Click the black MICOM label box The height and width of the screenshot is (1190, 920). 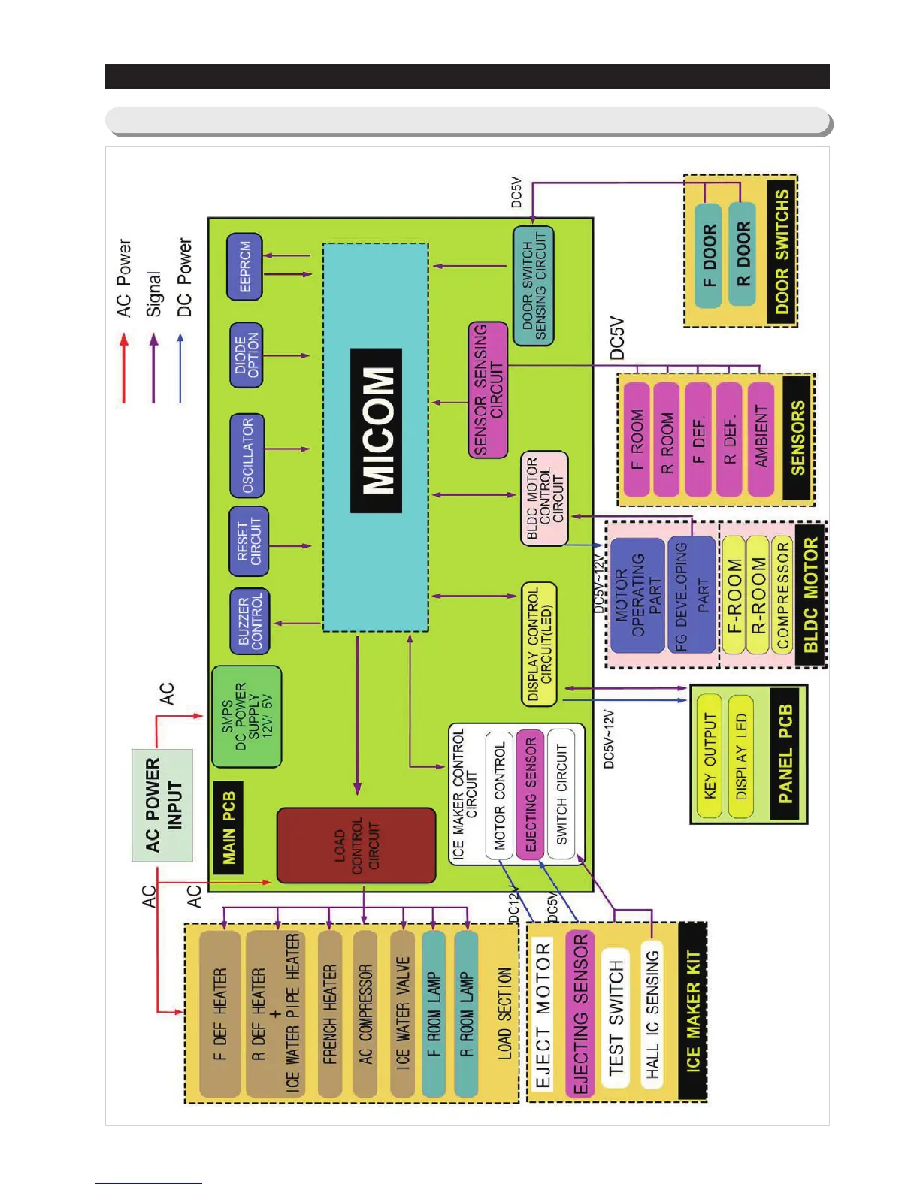tap(377, 431)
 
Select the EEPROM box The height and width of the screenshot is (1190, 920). tap(245, 266)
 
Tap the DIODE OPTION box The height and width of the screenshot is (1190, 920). tap(246, 355)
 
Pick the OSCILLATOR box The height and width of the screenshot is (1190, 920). tap(247, 455)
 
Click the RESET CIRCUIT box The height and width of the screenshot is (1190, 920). tap(249, 542)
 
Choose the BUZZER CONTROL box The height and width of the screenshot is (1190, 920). tap(250, 621)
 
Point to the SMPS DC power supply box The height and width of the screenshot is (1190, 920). tap(247, 717)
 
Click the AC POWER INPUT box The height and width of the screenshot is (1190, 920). tap(162, 805)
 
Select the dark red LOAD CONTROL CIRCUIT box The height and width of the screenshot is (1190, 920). tap(356, 845)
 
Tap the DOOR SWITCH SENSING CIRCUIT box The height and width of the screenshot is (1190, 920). tap(534, 285)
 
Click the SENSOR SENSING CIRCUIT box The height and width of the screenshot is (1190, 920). tap(488, 390)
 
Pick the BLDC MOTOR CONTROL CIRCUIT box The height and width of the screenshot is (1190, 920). tap(544, 498)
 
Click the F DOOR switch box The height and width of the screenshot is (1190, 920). tap(708, 255)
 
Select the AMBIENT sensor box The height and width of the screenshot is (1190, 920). tap(761, 438)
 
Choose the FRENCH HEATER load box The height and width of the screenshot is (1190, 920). tap(330, 1013)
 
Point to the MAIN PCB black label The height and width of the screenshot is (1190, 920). tap(229, 827)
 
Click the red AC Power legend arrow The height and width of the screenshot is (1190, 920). tap(124, 368)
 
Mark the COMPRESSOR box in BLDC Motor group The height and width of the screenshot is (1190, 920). tap(782, 595)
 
